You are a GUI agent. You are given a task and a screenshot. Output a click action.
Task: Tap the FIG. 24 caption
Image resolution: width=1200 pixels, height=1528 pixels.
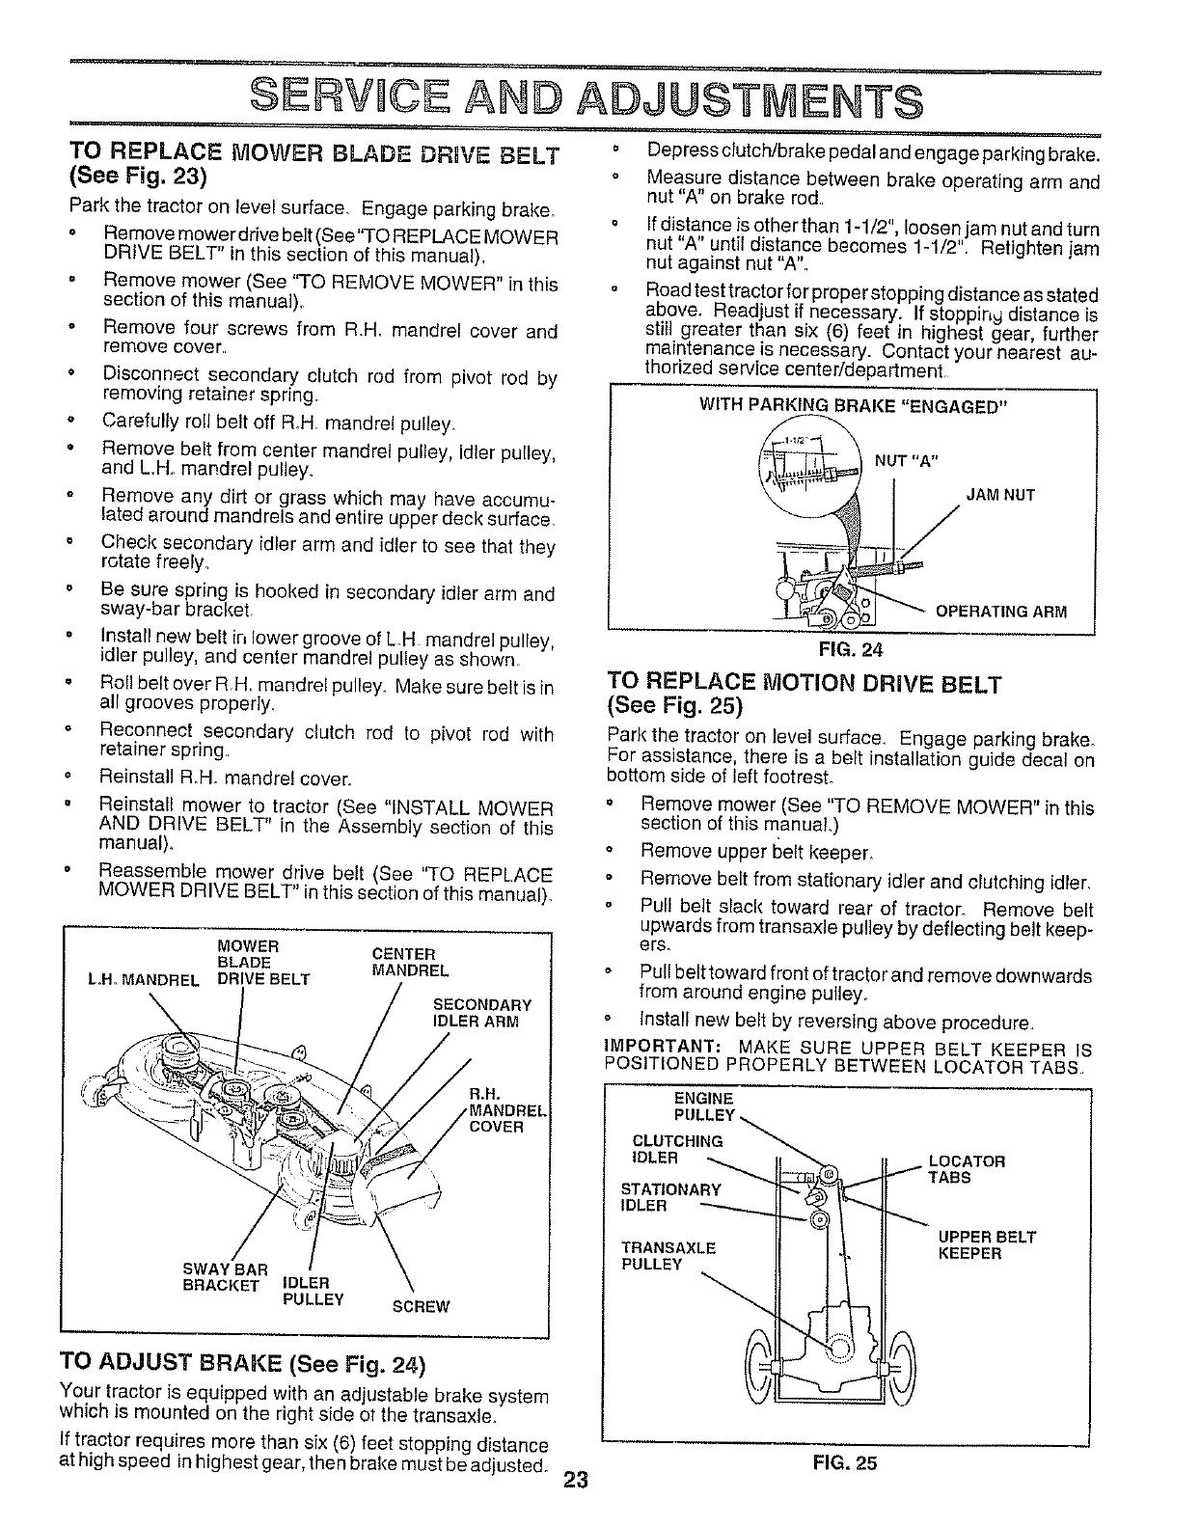click(x=852, y=650)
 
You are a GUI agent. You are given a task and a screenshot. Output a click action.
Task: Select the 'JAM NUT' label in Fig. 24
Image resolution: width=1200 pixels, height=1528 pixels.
click(x=1000, y=495)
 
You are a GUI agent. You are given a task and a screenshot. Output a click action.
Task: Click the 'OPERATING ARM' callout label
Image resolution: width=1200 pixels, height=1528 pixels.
click(x=1001, y=612)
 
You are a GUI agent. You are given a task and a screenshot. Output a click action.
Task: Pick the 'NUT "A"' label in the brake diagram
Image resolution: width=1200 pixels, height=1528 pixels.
click(x=905, y=460)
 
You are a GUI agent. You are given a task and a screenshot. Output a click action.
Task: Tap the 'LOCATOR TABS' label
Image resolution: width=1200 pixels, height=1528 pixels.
click(x=966, y=1169)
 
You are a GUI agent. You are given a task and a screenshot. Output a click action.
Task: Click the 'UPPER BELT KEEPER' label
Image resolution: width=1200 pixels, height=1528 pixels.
click(x=987, y=1245)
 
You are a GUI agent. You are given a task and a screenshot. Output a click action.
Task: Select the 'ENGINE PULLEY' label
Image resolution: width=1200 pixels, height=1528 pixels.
click(x=704, y=1107)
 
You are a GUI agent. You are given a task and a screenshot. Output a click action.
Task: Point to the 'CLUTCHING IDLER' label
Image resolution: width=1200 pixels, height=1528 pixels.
click(x=676, y=1150)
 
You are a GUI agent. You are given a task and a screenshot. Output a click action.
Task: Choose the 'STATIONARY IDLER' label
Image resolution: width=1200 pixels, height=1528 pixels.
click(x=670, y=1197)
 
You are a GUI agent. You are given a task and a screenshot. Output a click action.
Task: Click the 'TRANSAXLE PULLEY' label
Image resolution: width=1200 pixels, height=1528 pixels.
click(x=668, y=1255)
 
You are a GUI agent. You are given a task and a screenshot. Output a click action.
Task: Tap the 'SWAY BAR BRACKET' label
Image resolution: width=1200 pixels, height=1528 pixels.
click(x=225, y=1275)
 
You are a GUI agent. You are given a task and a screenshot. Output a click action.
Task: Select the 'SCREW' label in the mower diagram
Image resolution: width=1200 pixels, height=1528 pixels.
click(x=421, y=1307)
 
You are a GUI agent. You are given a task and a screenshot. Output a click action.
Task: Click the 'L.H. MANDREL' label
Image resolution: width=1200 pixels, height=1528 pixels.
click(x=143, y=981)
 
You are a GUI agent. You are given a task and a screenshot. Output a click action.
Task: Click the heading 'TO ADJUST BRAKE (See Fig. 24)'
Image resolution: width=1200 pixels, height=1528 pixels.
click(x=242, y=1364)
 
